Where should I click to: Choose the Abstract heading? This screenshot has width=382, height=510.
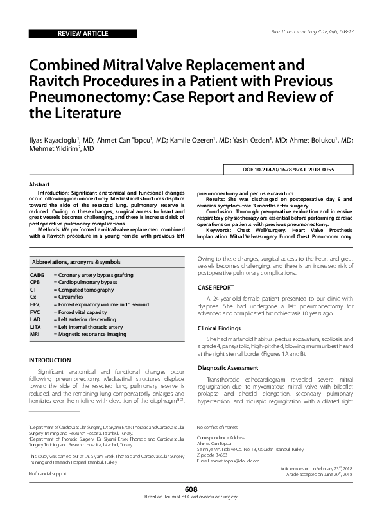39,184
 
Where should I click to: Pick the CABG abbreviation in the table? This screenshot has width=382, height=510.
37,275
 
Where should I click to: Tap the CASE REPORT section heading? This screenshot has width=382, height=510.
215,288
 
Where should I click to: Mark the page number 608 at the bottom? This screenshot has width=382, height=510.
191,490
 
